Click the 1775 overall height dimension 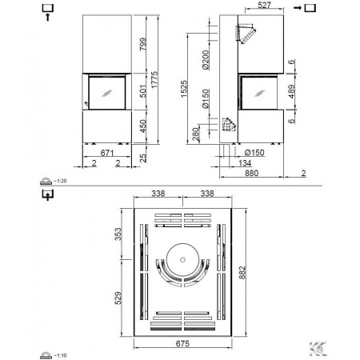click(154, 79)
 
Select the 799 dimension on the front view click(143, 44)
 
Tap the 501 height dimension click(143, 91)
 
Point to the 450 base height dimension click(143, 126)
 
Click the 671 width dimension click(107, 153)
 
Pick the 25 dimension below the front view click(143, 158)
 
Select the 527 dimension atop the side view click(264, 5)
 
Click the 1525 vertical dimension click(184, 89)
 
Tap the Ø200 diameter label click(206, 60)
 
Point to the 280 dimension click(196, 134)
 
